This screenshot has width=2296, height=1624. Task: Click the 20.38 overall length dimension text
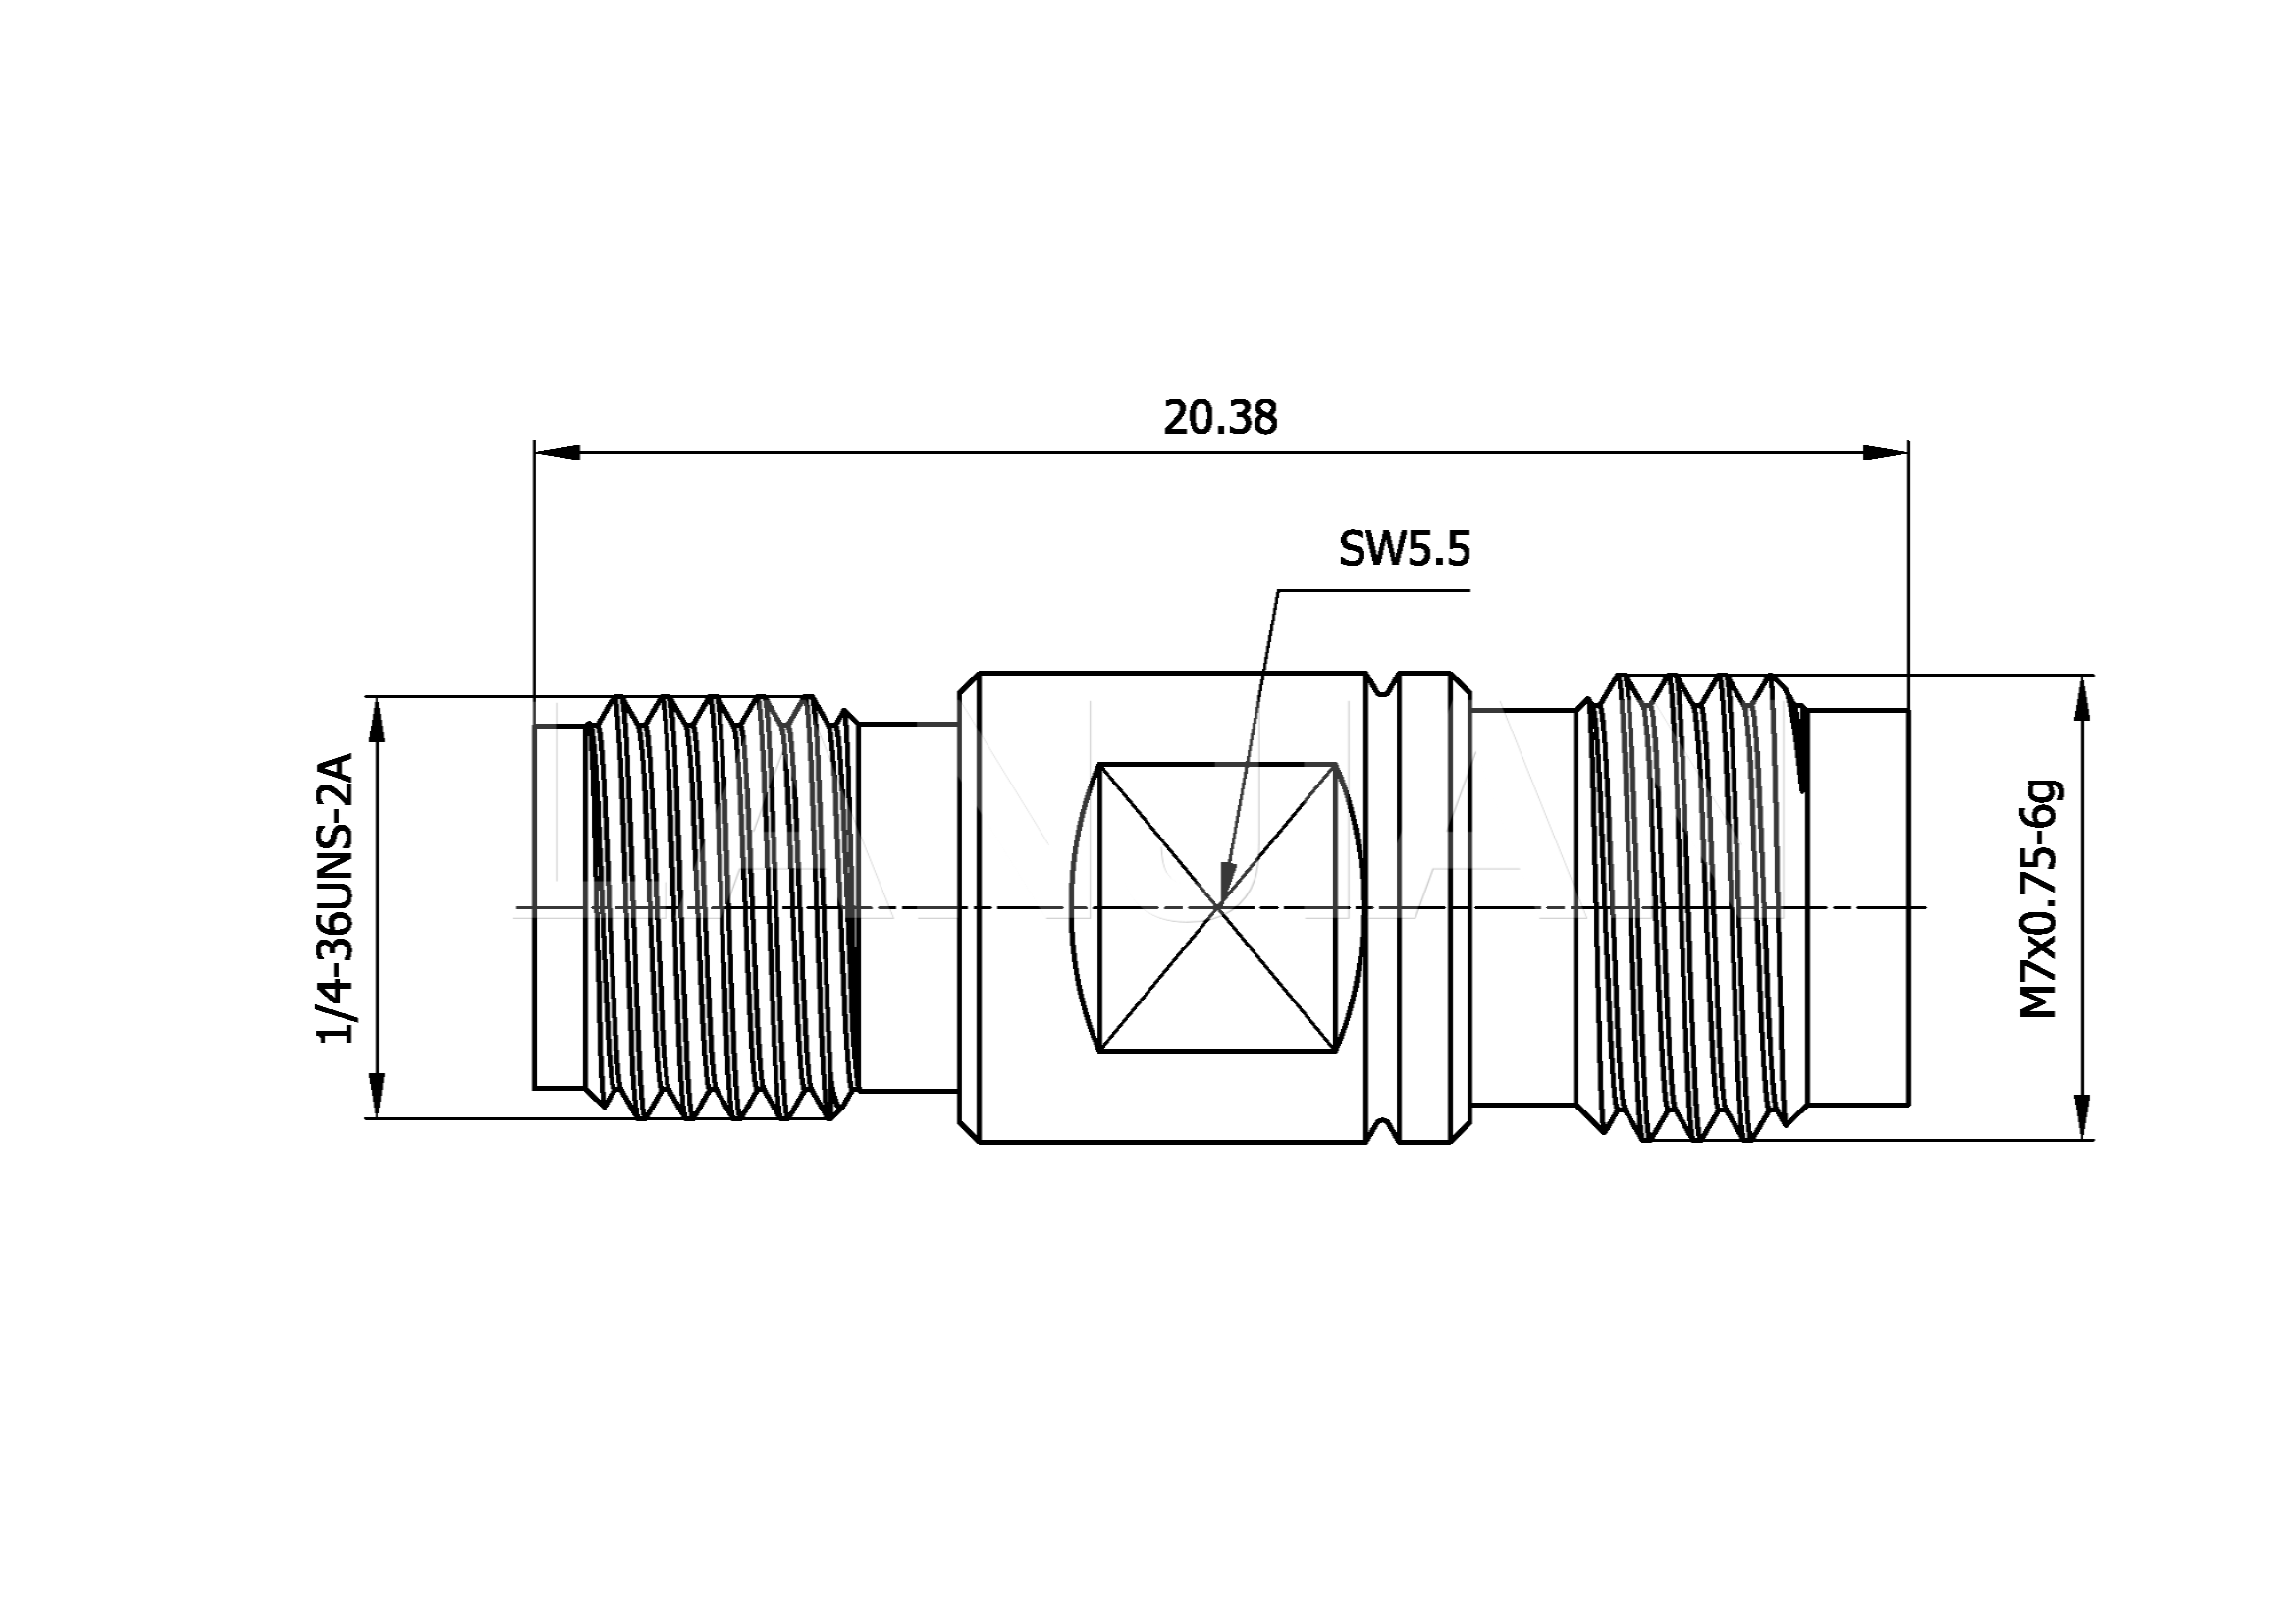pos(1220,417)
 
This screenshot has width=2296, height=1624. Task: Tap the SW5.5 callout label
pos(1404,549)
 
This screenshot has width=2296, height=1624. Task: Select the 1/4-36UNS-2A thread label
pos(335,900)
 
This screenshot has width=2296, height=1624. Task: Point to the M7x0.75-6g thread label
pos(2041,899)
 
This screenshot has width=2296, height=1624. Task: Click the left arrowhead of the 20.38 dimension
pos(557,452)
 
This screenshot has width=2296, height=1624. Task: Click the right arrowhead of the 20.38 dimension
pos(1886,452)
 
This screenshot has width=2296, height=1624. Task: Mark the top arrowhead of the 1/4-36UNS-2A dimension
pos(377,719)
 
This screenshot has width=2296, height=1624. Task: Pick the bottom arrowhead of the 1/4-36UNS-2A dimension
pos(377,1095)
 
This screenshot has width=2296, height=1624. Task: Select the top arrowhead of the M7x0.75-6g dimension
pos(2083,698)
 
